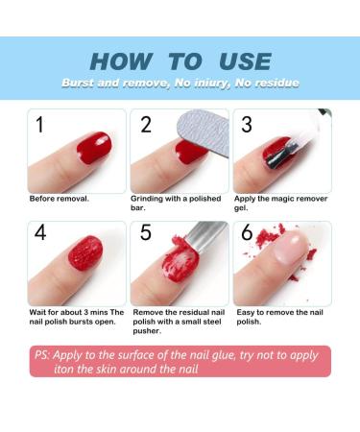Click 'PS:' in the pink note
(43, 355)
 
